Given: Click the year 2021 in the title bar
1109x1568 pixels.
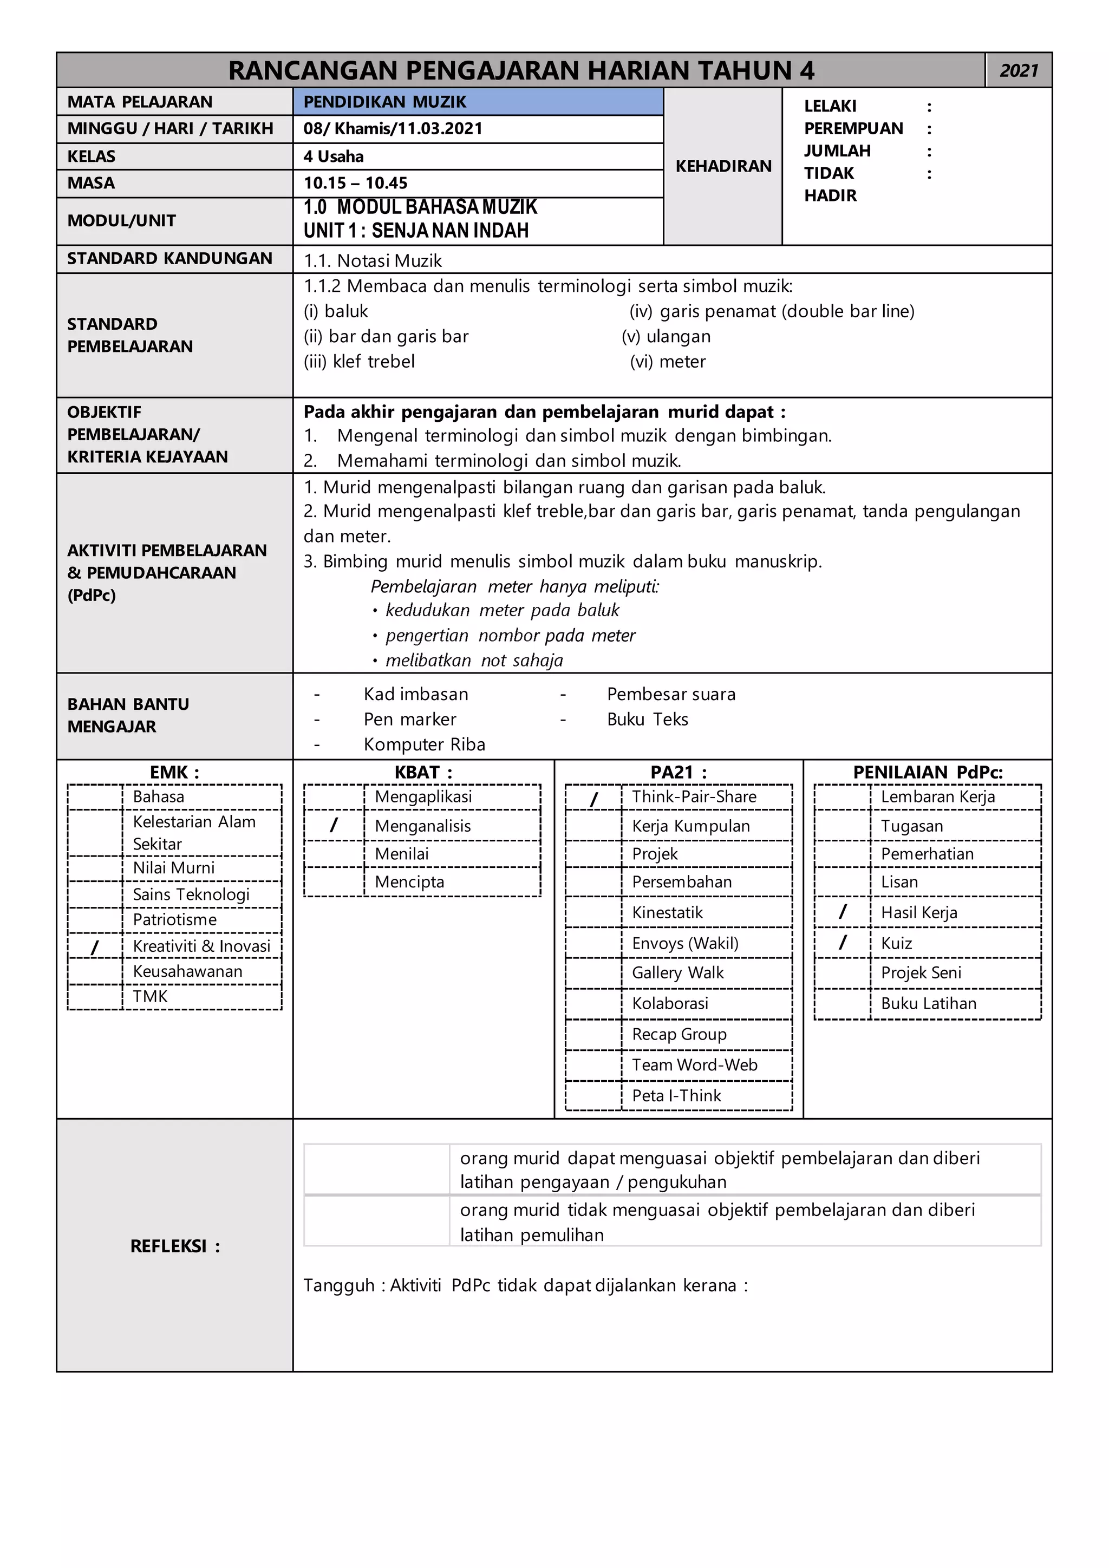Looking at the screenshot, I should point(1018,70).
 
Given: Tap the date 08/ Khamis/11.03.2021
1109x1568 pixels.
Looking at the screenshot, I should point(393,128).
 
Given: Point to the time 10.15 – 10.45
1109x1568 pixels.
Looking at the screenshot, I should point(355,183).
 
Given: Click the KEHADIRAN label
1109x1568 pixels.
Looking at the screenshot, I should point(723,166).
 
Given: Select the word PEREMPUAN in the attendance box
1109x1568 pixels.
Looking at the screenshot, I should point(853,128).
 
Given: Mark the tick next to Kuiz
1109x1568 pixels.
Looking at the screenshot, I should point(843,943).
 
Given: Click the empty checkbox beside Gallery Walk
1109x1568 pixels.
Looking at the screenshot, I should point(593,972).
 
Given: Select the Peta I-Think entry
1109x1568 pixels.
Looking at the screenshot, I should point(676,1095).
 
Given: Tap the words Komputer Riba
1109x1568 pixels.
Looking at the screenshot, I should point(424,744).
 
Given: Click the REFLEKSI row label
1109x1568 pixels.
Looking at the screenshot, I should point(175,1246).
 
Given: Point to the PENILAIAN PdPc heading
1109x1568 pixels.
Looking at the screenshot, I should point(928,773).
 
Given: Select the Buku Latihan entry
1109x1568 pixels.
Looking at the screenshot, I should point(928,1003).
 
